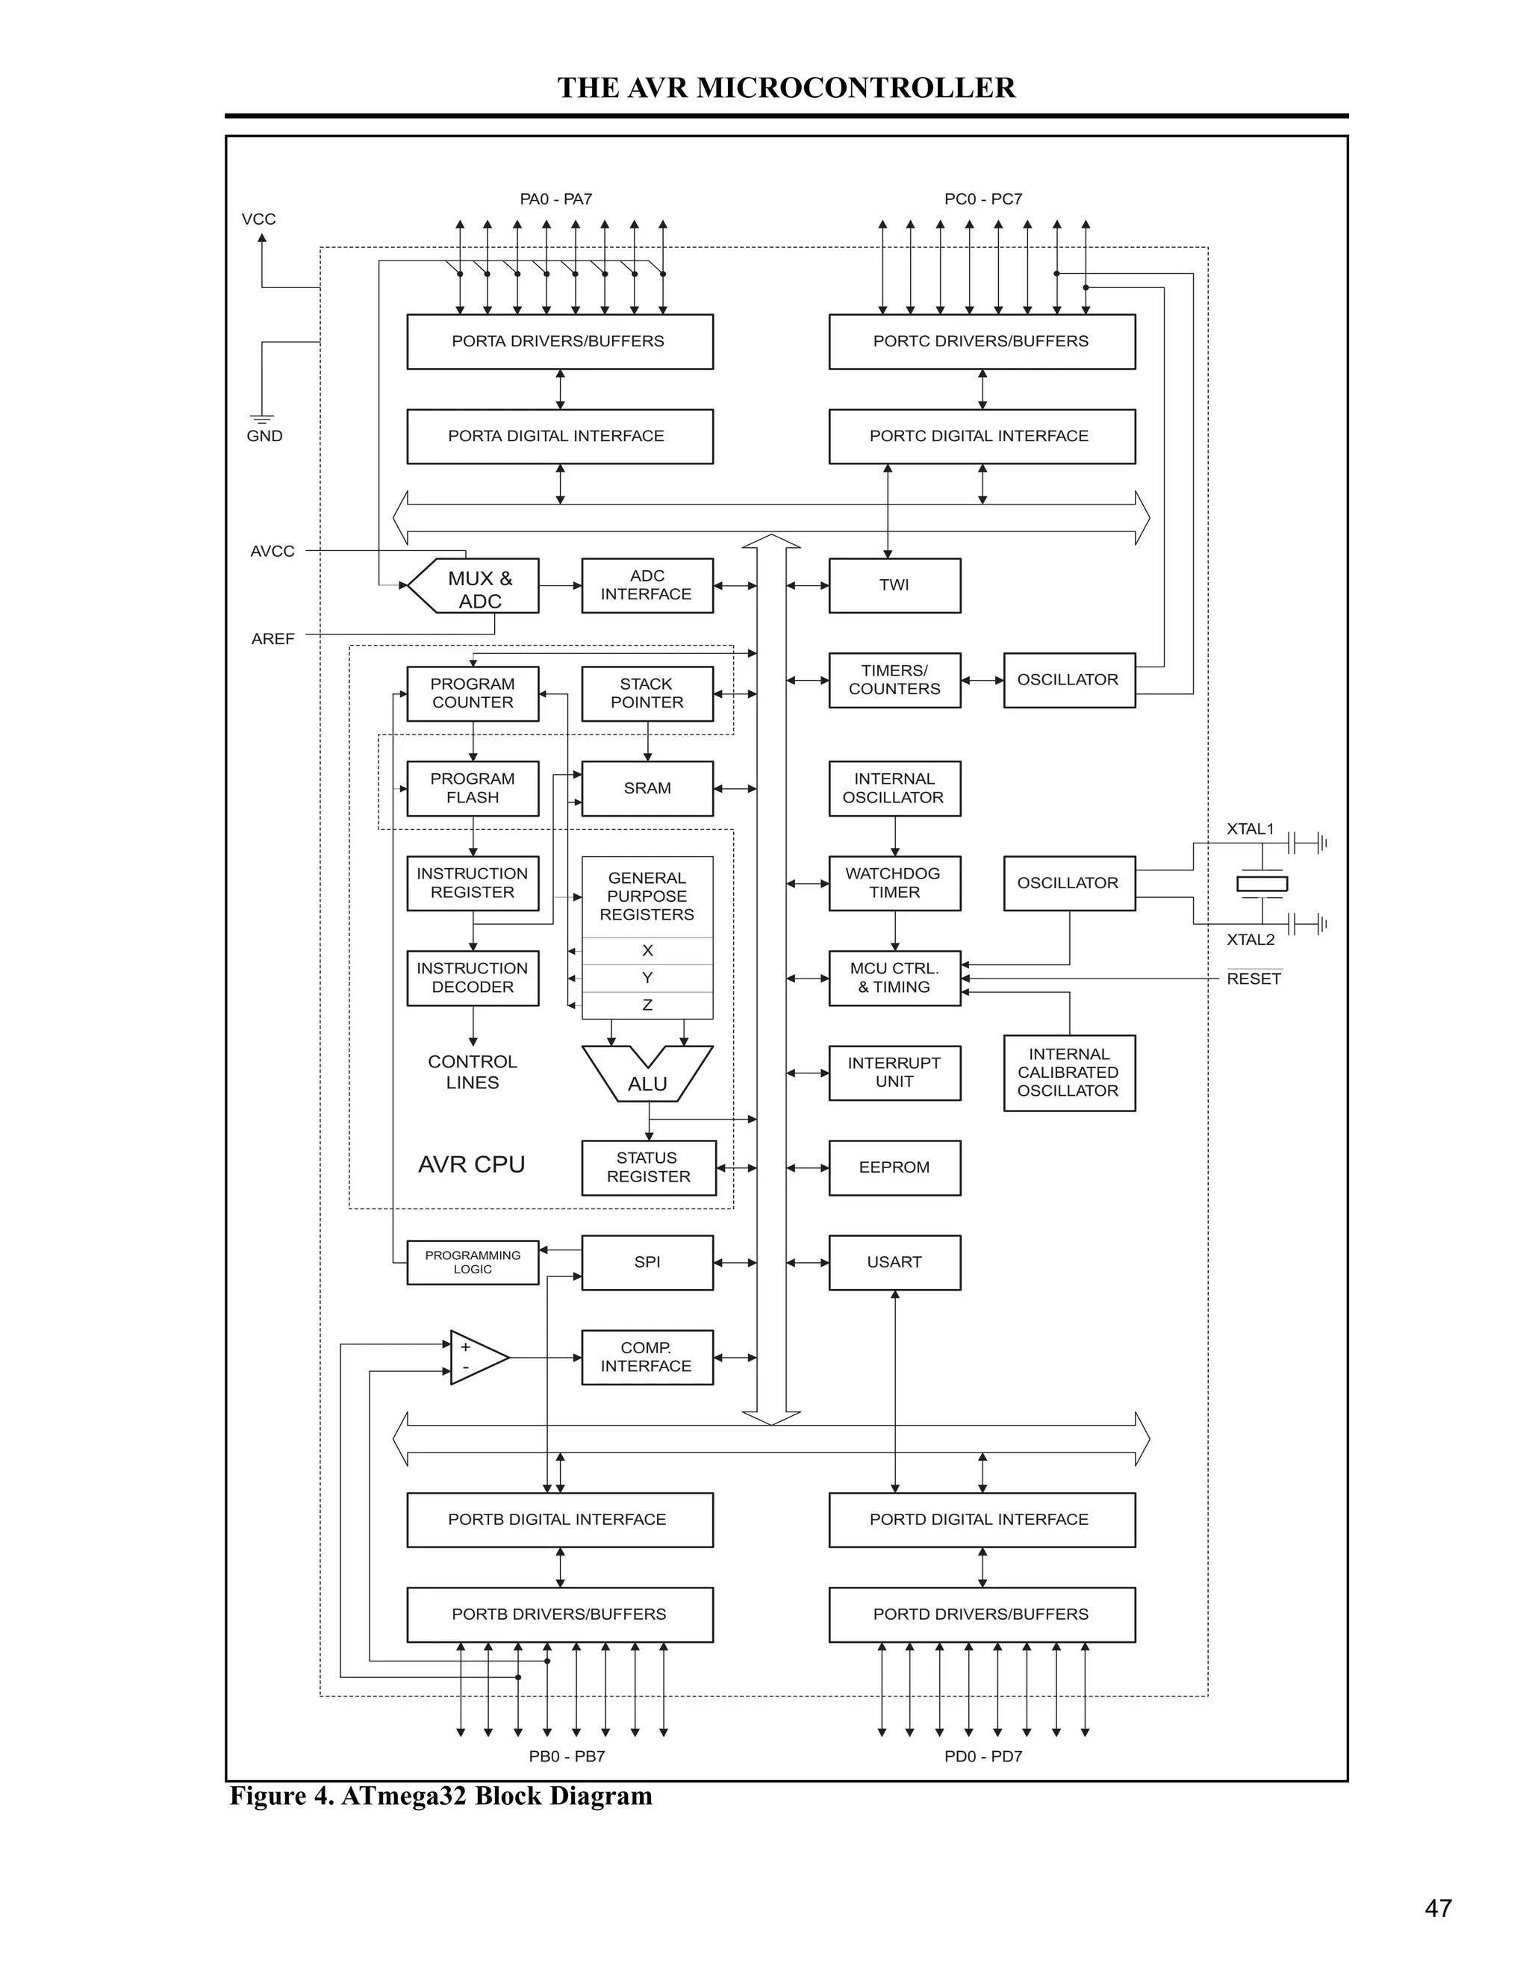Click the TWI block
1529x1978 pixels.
point(894,585)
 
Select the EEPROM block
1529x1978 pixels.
point(894,1167)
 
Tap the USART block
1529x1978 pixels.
point(894,1261)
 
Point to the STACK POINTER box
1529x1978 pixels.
point(647,693)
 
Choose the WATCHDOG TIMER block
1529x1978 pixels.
point(894,883)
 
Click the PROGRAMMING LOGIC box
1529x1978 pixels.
point(472,1261)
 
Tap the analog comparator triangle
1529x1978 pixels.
point(476,1358)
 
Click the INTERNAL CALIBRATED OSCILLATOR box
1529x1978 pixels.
point(1069,1073)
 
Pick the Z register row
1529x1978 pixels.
point(647,1005)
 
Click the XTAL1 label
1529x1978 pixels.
point(1250,829)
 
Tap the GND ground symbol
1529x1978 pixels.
point(262,419)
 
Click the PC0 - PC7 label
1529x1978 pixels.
point(983,199)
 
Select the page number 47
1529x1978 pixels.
point(1437,1909)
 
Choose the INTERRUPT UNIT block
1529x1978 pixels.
point(894,1073)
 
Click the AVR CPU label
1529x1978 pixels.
point(471,1164)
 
